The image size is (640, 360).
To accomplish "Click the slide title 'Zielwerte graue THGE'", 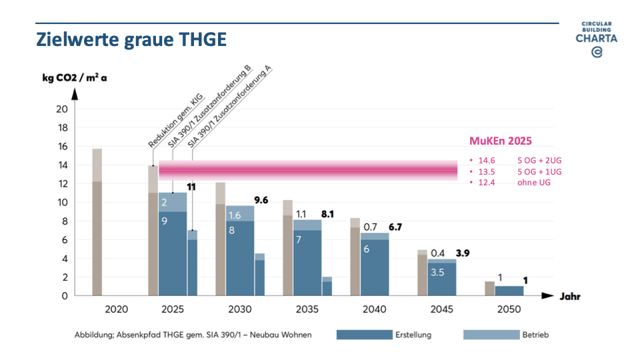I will click(x=131, y=39).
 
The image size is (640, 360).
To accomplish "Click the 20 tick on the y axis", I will click(x=63, y=109).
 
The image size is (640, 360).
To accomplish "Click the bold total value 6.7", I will click(x=395, y=227).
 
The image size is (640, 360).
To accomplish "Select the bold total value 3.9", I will click(x=462, y=253).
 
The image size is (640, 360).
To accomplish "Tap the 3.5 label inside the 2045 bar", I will click(x=437, y=272).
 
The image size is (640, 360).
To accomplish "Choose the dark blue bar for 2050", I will click(x=509, y=291).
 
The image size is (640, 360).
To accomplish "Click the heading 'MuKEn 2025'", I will click(x=501, y=141).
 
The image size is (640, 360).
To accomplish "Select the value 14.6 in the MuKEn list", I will click(x=487, y=161).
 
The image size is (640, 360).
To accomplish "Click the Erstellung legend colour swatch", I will click(x=364, y=335).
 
